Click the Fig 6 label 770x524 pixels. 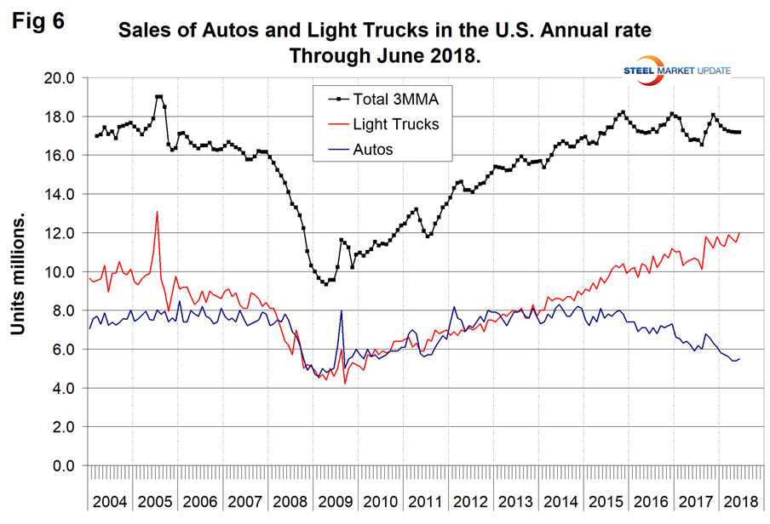click(x=37, y=19)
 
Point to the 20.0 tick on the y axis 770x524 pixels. click(x=60, y=78)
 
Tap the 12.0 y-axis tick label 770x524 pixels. click(x=60, y=233)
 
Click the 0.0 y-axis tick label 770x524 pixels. click(x=64, y=466)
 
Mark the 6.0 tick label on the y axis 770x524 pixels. click(x=64, y=350)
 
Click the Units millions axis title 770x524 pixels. click(x=19, y=273)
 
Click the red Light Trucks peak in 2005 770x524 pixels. click(x=157, y=212)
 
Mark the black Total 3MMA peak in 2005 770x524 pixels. click(x=159, y=96)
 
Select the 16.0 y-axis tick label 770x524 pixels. click(x=60, y=156)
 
